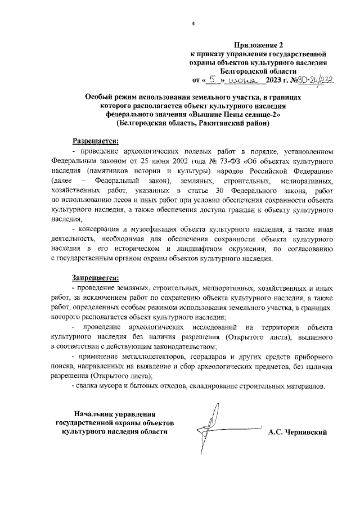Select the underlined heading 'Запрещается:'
(95, 277)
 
